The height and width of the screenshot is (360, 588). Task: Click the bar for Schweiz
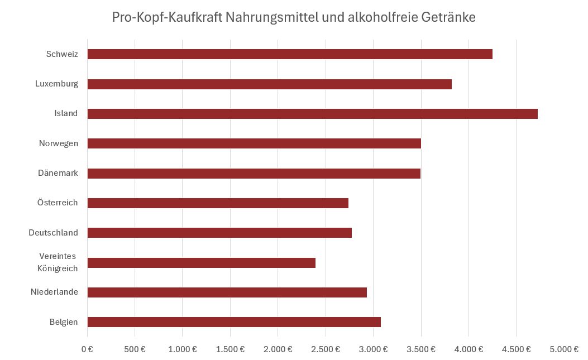(290, 54)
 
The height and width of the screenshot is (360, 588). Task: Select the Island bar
(312, 114)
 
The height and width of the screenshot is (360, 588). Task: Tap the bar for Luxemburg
(269, 84)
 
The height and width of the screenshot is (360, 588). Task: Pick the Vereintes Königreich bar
(201, 263)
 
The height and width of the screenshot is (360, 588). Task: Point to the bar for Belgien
(234, 322)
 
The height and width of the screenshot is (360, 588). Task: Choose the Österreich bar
(218, 203)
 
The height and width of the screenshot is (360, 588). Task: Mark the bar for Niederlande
(227, 292)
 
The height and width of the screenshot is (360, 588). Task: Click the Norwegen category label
(59, 143)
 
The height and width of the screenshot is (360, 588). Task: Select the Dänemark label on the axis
(58, 173)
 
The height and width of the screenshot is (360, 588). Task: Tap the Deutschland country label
(54, 233)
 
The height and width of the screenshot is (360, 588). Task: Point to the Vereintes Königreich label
(58, 262)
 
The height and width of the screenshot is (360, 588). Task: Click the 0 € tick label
(87, 349)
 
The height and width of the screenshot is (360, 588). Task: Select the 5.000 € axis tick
(564, 349)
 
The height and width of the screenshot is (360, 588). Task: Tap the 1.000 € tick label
(183, 349)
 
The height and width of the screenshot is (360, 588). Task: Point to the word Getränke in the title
(449, 17)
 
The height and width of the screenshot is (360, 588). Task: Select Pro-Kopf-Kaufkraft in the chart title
(166, 17)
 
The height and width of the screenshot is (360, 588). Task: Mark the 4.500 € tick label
(517, 349)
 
